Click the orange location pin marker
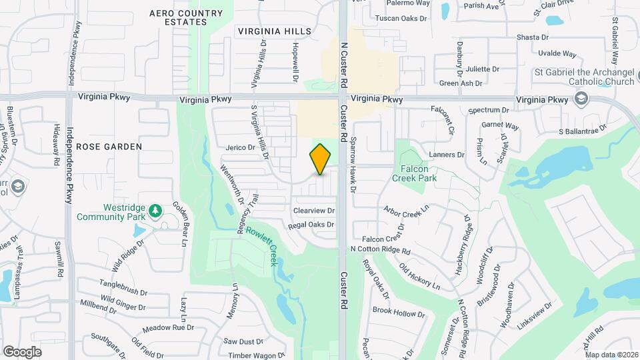point(321,159)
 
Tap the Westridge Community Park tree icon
point(155,211)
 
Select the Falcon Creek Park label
point(418,174)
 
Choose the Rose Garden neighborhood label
point(109,146)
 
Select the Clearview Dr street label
point(313,211)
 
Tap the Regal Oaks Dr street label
point(311,225)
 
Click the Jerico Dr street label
point(241,147)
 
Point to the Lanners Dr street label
point(447,155)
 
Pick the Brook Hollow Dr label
point(394,312)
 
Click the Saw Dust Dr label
point(243,341)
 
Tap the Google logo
point(22,351)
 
